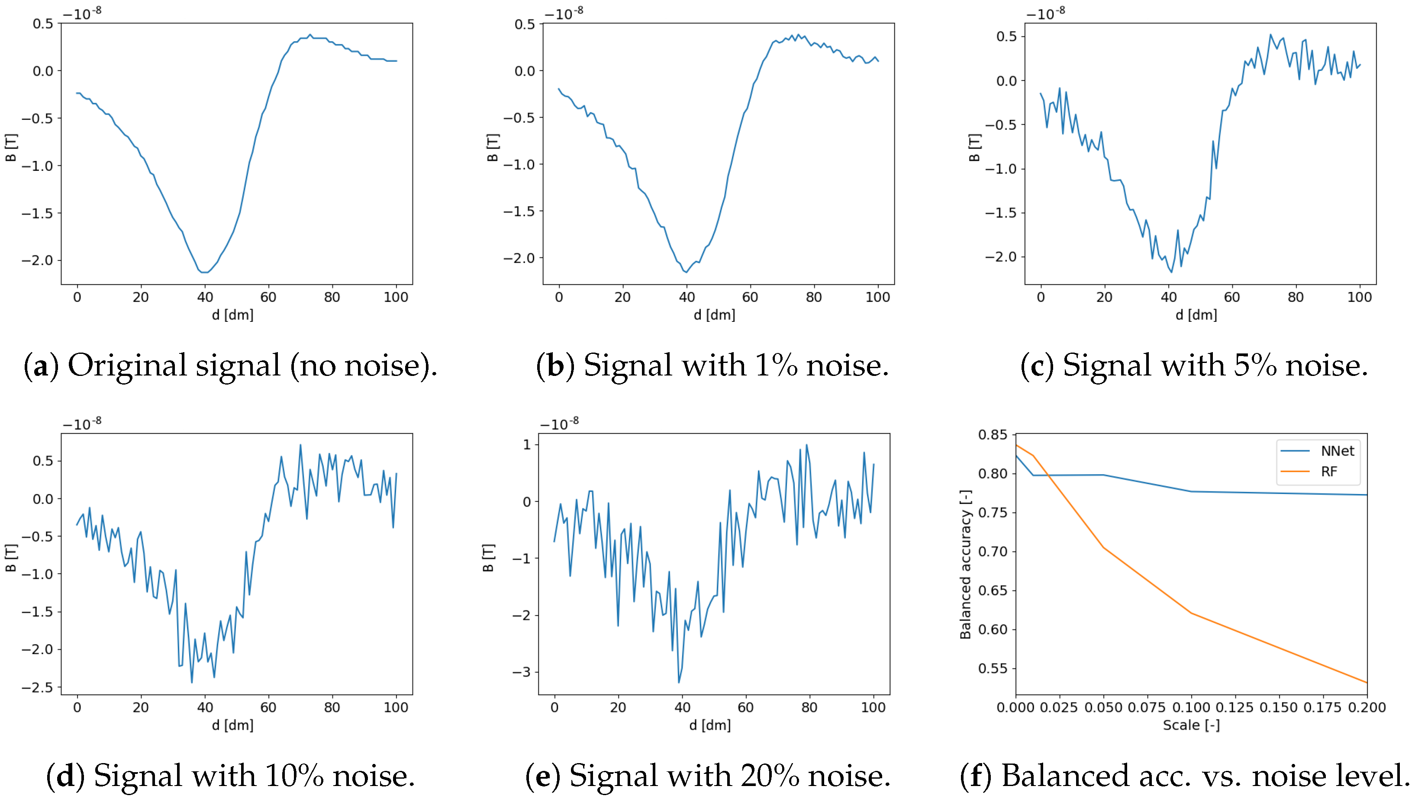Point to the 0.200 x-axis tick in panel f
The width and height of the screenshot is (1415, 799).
(1367, 707)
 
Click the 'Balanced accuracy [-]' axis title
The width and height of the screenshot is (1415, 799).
(965, 565)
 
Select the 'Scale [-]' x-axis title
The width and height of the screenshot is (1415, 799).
(1191, 725)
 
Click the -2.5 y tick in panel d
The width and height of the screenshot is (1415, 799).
(37, 687)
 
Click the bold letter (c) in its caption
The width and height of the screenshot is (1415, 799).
(1037, 365)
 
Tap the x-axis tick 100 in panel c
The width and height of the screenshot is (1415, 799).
(1359, 297)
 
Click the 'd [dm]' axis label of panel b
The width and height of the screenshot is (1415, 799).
(714, 314)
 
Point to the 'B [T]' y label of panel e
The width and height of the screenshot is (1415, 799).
(488, 558)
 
